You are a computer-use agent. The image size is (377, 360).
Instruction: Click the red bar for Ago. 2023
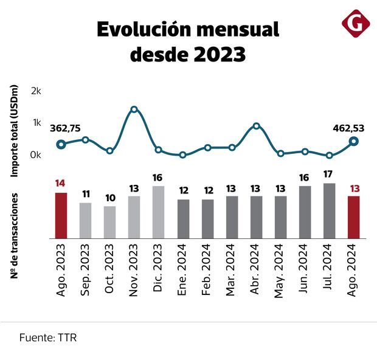(61, 215)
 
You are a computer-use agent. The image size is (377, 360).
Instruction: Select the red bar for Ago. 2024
(353, 217)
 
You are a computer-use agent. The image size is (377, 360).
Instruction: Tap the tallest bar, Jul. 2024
(329, 210)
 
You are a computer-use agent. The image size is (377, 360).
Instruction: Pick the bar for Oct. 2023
(109, 222)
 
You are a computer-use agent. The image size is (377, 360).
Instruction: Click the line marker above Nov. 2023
(134, 109)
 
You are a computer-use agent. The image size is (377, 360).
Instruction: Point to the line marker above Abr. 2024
(256, 126)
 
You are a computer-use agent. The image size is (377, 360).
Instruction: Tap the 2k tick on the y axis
(36, 91)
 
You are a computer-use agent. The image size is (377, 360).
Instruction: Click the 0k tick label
(36, 154)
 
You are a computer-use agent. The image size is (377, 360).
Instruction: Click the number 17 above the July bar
(329, 173)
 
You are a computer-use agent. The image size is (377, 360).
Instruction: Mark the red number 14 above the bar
(61, 183)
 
